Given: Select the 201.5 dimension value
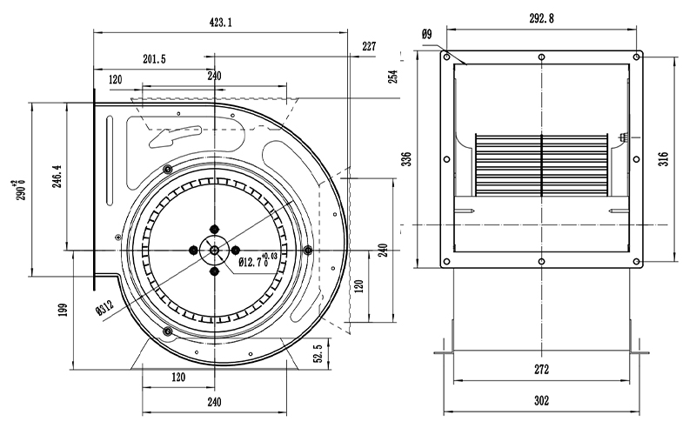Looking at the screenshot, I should click(x=154, y=58).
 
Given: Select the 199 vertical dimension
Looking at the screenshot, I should click(x=62, y=311).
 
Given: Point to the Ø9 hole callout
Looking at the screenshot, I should click(x=426, y=34).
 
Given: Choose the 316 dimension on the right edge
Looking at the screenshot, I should click(x=663, y=158).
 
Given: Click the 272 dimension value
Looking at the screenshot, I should click(x=541, y=369).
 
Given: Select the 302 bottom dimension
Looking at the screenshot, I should click(x=541, y=401).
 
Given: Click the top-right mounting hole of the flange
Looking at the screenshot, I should click(x=637, y=57).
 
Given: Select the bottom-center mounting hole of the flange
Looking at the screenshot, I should click(x=541, y=262).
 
